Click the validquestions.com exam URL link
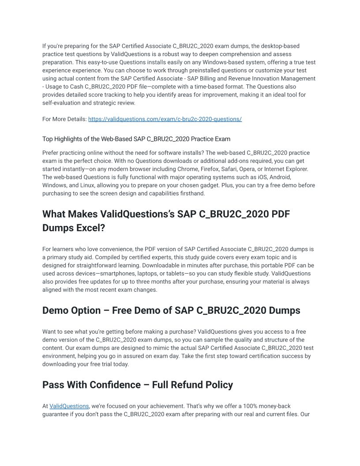[x=165, y=119]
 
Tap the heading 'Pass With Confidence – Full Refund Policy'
[x=138, y=385]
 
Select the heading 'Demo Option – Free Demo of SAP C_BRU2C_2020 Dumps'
[x=171, y=310]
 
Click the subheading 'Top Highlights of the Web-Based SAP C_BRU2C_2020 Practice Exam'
[x=136, y=139]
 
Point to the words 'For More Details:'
[x=64, y=119]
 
